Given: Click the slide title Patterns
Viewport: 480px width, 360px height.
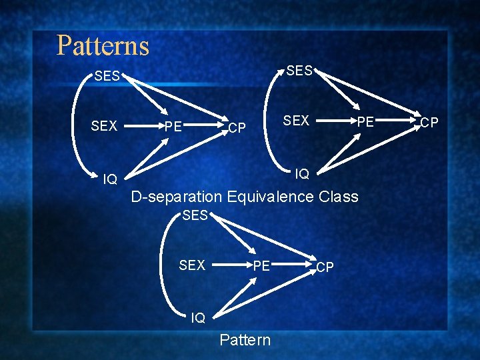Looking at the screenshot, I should pos(103,46).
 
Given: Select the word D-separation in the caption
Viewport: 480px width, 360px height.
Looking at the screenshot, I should pos(177,197).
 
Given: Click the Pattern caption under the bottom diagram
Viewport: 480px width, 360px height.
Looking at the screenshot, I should pos(245,340).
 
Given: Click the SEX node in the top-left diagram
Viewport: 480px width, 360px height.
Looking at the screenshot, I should pos(104,126).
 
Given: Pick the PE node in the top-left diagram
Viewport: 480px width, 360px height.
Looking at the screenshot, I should pos(173,127).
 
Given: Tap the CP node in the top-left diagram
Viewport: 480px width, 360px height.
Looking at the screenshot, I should pos(237,127).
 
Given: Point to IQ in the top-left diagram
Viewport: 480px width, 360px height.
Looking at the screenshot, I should pos(110,179).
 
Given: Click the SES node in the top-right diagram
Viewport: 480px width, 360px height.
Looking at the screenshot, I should pos(299,70).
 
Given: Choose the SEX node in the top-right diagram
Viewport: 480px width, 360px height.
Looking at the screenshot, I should pos(296,121).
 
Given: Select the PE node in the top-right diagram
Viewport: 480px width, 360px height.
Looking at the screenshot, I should pos(365,122).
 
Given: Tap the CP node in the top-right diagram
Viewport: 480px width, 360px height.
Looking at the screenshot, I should pos(429,123).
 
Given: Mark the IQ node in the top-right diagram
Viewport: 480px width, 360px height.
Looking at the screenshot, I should pos(302,174).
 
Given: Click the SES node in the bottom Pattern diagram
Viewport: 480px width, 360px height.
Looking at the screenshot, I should pos(195,215).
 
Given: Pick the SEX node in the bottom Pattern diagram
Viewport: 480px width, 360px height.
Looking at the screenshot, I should pos(192,265).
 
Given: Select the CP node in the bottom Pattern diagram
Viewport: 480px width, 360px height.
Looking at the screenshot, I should pos(325,267).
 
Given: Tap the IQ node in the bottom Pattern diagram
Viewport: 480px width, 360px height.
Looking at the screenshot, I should pos(198,318).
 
